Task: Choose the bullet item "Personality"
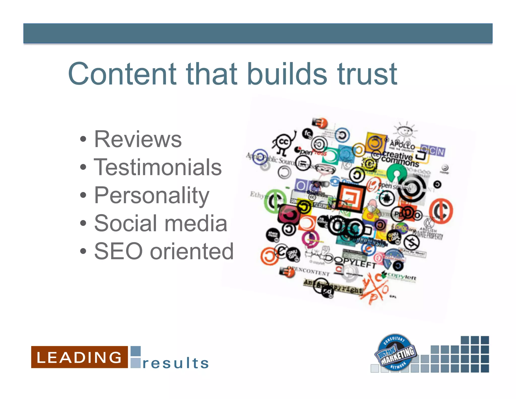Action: coord(152,195)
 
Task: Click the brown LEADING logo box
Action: coord(79,357)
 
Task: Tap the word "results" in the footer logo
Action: coord(176,363)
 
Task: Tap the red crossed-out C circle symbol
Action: coord(441,211)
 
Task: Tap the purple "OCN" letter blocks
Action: coord(433,151)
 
